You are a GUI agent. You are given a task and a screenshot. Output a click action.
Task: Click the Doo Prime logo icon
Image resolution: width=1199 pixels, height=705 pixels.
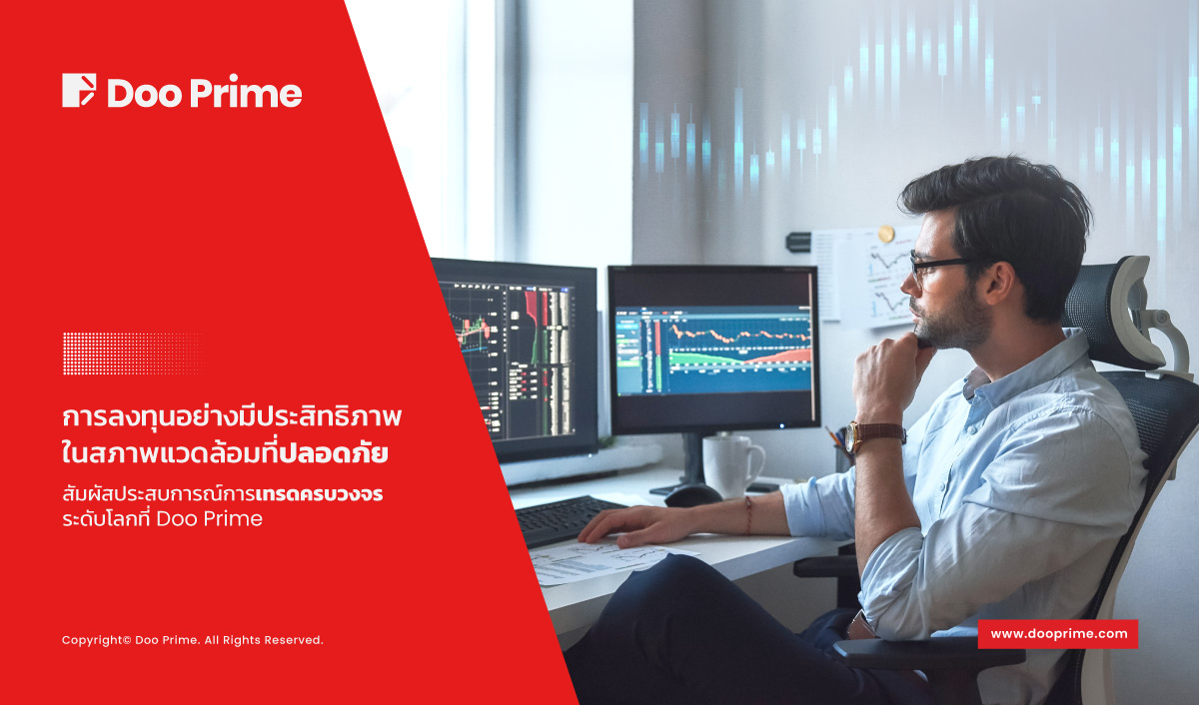pos(79,90)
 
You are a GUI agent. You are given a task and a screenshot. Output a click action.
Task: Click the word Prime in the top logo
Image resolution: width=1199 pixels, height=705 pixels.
pos(246,91)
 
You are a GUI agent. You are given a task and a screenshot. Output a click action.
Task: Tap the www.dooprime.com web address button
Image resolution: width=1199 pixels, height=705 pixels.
pos(1058,634)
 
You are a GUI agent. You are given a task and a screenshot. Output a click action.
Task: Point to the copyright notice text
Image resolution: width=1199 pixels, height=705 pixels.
pos(192,640)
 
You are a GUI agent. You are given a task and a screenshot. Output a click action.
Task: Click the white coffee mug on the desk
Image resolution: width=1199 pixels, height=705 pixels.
pos(732,466)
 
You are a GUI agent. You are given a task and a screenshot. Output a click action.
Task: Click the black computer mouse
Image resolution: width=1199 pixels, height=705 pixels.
pos(692,494)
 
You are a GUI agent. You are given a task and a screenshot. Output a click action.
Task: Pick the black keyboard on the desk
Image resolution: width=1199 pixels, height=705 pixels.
pos(568,519)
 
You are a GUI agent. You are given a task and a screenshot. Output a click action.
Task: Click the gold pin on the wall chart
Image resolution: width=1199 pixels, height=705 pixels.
pos(886,234)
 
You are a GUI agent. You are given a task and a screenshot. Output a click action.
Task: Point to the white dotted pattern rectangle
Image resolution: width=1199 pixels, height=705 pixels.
pos(134,353)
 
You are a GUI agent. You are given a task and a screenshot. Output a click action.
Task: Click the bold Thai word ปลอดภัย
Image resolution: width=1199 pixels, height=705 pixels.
pos(333,452)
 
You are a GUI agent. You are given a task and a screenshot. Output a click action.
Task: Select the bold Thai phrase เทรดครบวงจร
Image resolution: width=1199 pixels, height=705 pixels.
pos(319,493)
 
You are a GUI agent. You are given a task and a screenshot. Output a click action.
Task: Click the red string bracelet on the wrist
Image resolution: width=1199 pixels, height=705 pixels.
pos(747,514)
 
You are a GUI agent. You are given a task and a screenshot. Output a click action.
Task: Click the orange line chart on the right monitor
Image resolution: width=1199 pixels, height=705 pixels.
pos(741,336)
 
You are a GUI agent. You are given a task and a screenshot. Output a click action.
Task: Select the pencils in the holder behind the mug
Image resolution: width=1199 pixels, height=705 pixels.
pos(836,437)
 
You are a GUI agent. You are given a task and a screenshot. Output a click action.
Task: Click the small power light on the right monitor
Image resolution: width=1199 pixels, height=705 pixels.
pos(782,426)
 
